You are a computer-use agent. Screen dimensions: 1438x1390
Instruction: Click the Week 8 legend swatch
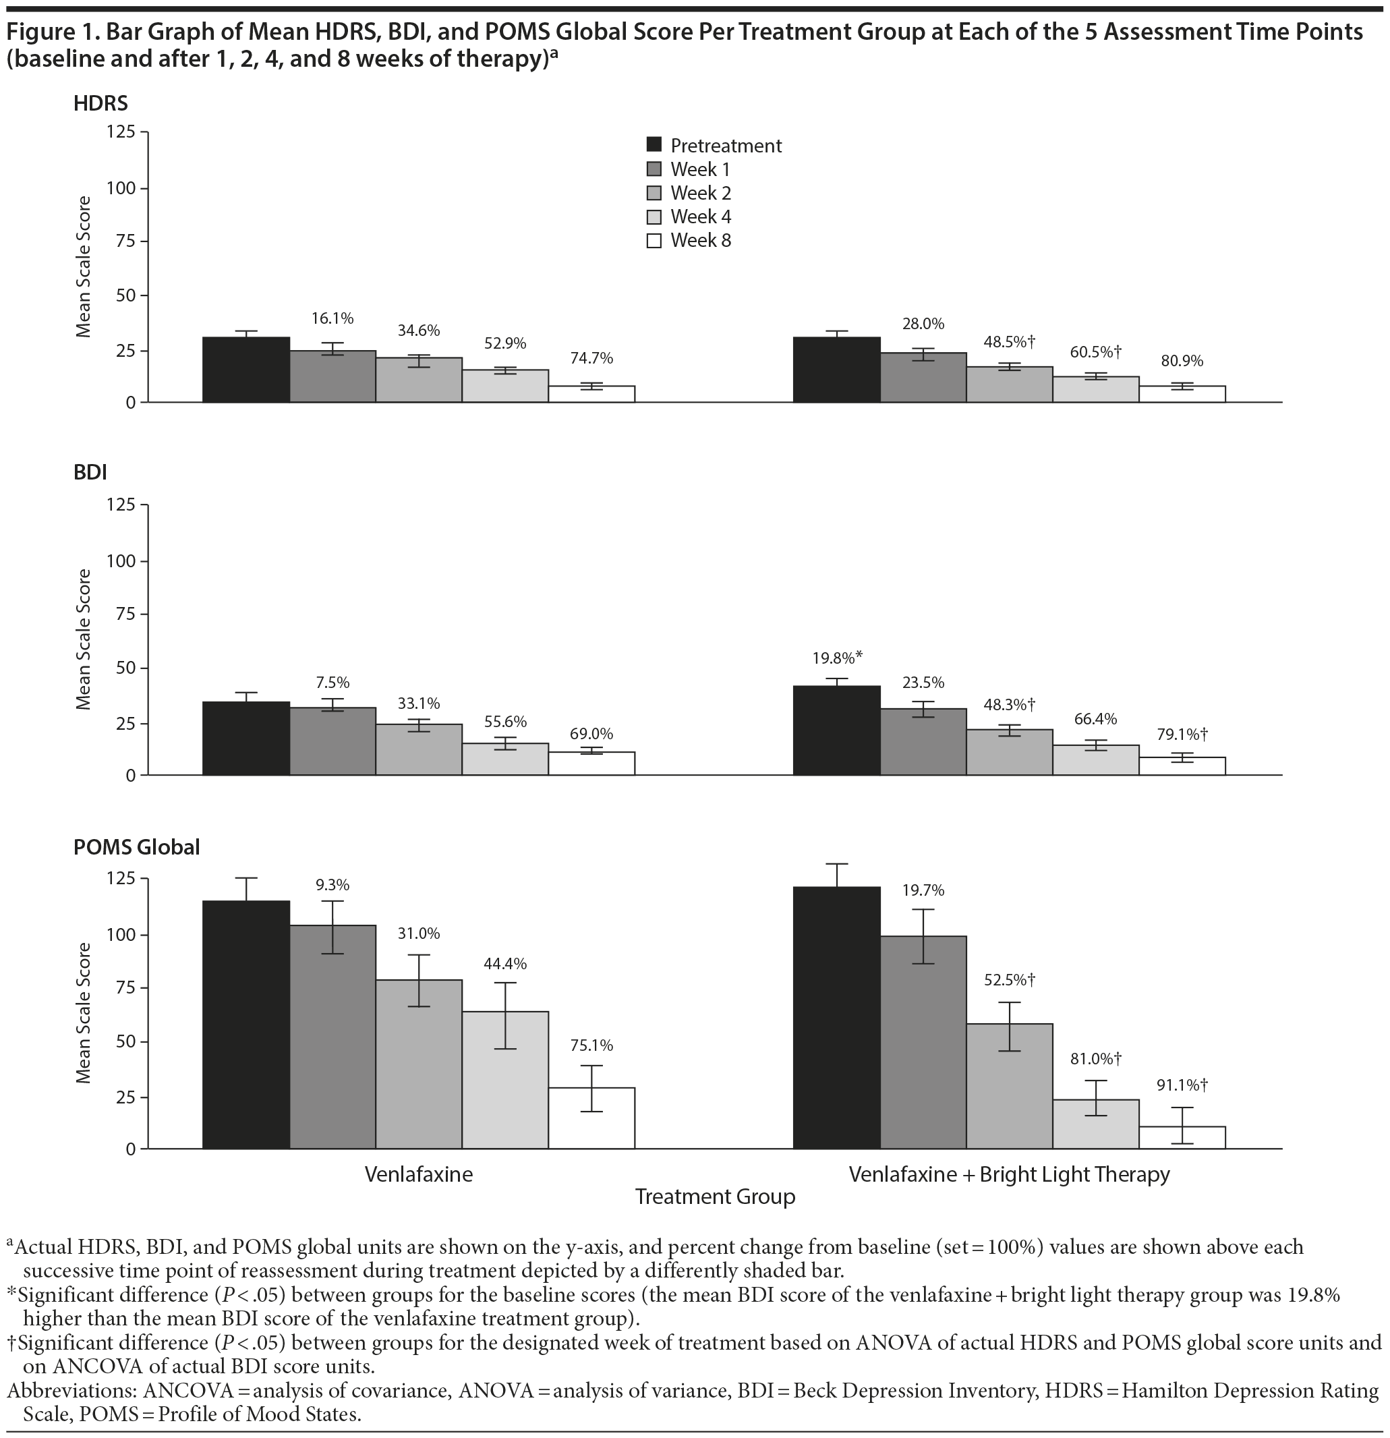click(x=654, y=241)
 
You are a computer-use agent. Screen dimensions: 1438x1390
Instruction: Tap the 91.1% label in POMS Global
click(x=1180, y=1085)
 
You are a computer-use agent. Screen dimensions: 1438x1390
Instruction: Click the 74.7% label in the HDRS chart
click(x=591, y=359)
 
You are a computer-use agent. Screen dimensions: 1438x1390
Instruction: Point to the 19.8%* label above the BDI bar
click(x=836, y=657)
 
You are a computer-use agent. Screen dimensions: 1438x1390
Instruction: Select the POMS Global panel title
click(x=136, y=847)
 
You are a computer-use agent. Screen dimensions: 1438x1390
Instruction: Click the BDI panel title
click(x=90, y=473)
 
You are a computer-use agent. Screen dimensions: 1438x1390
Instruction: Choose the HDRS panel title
click(x=100, y=103)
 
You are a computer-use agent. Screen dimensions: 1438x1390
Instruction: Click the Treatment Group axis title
click(x=714, y=1197)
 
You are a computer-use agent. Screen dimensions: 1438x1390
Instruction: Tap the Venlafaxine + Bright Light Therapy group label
click(x=1008, y=1174)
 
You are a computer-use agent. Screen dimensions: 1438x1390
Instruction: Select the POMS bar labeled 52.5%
click(x=1010, y=1086)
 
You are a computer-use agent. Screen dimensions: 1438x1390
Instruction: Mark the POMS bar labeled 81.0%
click(x=1095, y=1124)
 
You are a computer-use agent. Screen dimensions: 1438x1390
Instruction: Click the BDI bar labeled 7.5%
click(x=332, y=741)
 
